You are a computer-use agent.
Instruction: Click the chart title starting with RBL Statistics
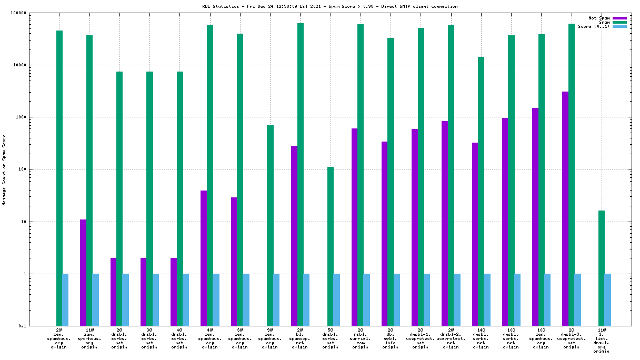coord(330,6)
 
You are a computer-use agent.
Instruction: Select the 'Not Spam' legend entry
coord(599,18)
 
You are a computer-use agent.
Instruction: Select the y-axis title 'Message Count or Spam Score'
coord(4,169)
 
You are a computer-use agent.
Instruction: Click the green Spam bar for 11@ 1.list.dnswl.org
coord(602,268)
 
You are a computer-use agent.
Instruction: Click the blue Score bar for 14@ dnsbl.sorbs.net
coord(487,300)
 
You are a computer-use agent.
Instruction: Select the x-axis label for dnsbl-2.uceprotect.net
coord(451,338)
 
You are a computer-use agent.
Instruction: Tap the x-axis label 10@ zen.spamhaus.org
coord(541,338)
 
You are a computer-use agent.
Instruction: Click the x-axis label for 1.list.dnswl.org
coord(601,341)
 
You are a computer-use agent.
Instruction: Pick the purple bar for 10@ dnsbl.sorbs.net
coord(505,222)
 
